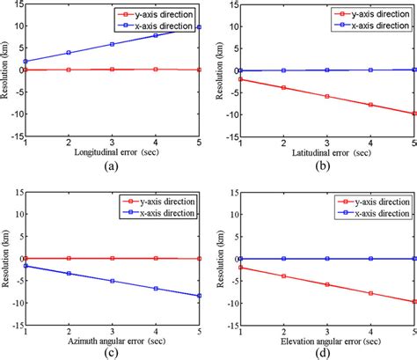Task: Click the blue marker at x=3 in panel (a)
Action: click(x=112, y=44)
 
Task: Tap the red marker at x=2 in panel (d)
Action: click(x=283, y=276)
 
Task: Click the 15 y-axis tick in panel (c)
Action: click(x=15, y=193)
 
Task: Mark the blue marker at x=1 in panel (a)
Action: click(x=26, y=62)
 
